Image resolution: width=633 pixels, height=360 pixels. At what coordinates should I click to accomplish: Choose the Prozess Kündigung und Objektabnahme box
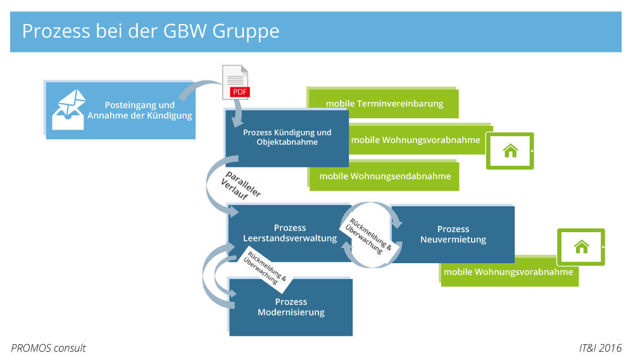click(287, 137)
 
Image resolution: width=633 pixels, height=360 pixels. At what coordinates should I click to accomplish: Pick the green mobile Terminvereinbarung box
click(384, 104)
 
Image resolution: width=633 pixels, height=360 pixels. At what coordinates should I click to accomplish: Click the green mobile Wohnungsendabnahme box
click(384, 176)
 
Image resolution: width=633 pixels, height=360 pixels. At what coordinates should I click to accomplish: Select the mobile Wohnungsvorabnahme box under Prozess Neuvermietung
click(508, 272)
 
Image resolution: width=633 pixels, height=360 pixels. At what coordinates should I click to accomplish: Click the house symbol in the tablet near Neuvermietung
click(581, 247)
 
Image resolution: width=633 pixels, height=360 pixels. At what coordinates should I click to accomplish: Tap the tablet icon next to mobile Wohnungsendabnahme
click(510, 151)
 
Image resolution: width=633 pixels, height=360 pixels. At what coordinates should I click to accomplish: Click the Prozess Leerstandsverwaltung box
click(289, 233)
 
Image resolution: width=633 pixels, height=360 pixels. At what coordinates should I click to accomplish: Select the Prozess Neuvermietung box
click(453, 234)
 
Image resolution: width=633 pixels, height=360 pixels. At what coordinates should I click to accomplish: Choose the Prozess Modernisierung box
click(291, 307)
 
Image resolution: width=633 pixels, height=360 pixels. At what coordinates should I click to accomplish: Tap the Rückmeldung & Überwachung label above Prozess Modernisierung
click(266, 268)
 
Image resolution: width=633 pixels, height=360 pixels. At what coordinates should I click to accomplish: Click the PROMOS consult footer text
click(48, 348)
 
